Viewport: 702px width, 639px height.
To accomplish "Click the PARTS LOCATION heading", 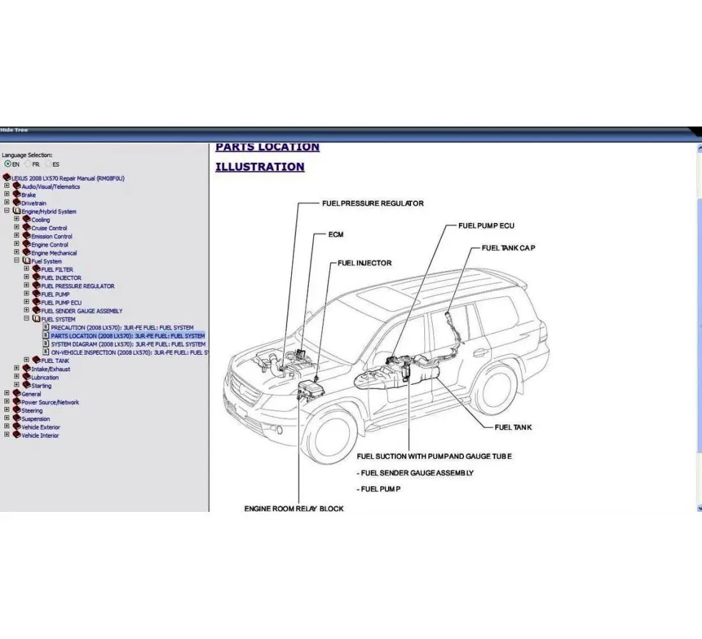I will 267,147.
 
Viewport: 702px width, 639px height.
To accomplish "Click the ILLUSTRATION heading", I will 260,167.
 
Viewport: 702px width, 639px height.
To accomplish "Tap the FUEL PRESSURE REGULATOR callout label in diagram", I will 372,203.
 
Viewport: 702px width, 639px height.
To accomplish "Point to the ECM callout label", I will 336,235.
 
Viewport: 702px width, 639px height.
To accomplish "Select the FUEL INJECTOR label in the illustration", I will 364,263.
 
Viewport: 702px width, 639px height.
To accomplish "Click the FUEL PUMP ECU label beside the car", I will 486,226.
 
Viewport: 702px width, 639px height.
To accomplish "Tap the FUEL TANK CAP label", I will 508,248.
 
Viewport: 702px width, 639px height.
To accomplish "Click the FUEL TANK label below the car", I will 512,427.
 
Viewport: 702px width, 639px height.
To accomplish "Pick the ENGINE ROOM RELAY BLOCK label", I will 294,509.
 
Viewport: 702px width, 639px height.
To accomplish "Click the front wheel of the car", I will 332,437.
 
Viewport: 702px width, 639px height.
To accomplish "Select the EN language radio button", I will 8,164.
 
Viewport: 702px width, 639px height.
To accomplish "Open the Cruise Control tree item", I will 49,228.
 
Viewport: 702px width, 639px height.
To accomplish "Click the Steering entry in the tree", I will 32,411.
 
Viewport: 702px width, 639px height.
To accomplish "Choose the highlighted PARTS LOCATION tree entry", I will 128,336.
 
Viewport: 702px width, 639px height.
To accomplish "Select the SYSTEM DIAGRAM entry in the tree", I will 128,344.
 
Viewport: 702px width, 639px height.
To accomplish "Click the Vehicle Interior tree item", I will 40,436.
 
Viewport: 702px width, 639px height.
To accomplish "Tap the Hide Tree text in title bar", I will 14,130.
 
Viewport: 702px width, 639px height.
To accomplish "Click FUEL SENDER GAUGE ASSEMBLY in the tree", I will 82,311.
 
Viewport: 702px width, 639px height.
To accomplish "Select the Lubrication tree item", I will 45,378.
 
